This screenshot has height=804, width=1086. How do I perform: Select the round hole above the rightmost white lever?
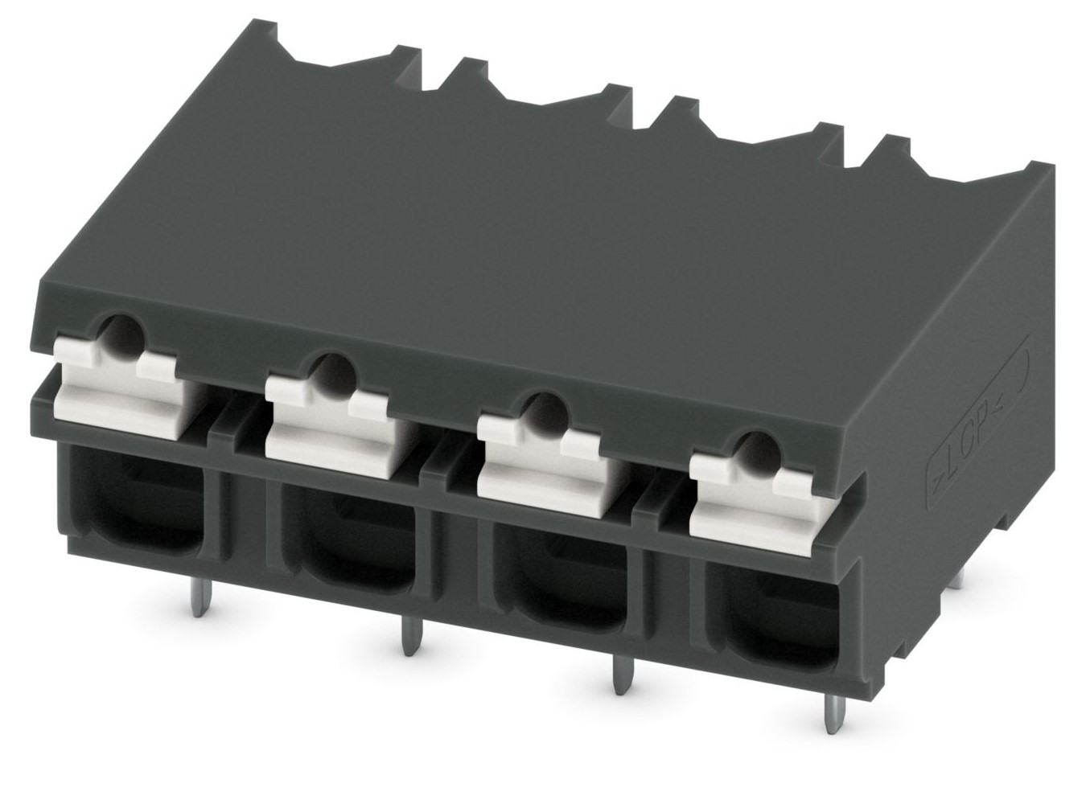point(759,453)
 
